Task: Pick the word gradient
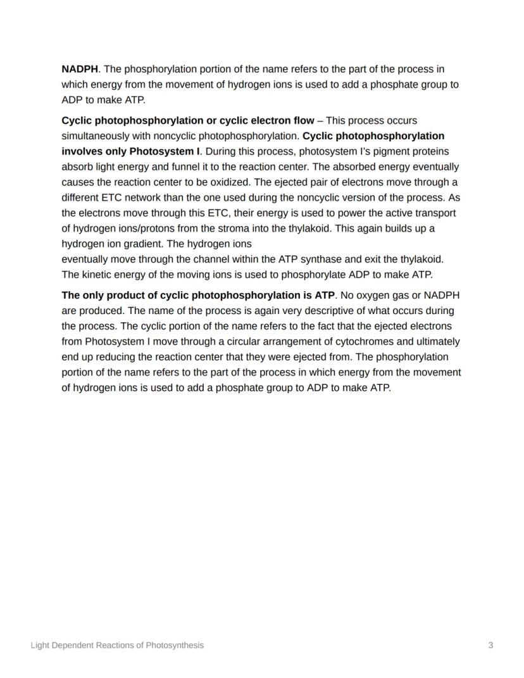(142, 244)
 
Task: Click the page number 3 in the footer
(490, 645)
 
